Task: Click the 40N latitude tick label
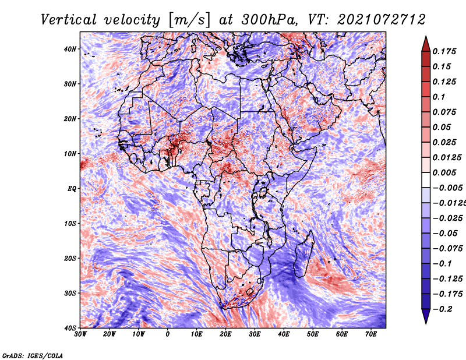coord(70,49)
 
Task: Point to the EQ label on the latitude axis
coord(72,189)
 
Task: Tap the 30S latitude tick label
coord(70,293)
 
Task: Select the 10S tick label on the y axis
coord(70,223)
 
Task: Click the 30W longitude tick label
coord(80,334)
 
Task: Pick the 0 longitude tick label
coord(168,334)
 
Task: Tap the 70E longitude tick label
coord(371,334)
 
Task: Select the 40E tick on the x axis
coord(284,334)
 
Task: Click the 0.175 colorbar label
coord(444,52)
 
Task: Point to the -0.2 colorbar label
coord(442,309)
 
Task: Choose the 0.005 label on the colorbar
coord(444,172)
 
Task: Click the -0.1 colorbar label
coord(442,264)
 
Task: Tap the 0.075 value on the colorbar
coord(444,112)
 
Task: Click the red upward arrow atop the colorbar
coord(426,44)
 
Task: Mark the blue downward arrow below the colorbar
coord(426,316)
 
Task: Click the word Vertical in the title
coord(69,20)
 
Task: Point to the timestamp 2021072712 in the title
coord(381,20)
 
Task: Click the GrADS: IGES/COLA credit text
coord(33,355)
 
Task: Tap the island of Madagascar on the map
coord(303,256)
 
